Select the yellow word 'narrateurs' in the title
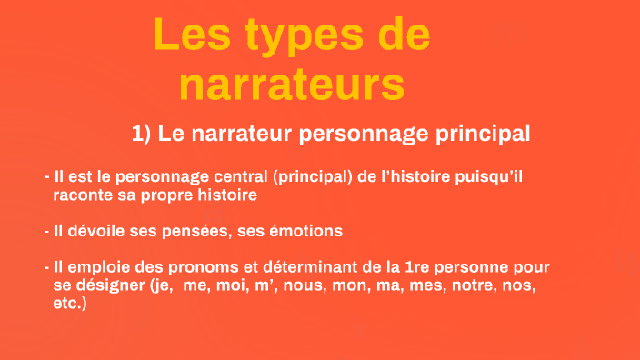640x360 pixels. (291, 85)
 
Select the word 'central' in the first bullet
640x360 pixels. (237, 176)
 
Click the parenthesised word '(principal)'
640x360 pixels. (312, 176)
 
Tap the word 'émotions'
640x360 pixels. (309, 231)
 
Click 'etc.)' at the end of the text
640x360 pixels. (70, 304)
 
